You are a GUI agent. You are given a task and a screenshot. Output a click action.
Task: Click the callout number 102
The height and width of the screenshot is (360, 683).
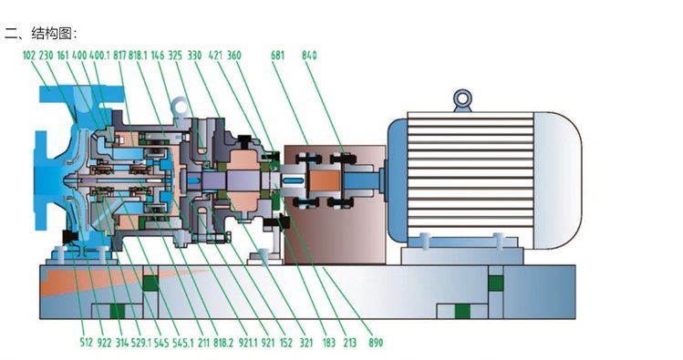(29, 56)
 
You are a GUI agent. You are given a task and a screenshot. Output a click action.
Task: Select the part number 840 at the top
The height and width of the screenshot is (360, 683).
(309, 56)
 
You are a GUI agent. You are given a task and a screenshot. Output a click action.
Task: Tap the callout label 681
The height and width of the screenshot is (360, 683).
(277, 56)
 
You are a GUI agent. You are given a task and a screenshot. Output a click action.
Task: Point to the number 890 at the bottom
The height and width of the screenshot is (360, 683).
(376, 343)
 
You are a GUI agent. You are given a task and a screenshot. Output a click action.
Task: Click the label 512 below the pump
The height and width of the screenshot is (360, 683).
(87, 343)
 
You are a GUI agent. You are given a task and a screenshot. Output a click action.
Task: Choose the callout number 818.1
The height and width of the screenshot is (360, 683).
(138, 56)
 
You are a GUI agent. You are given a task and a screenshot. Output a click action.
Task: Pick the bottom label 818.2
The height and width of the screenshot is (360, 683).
(223, 343)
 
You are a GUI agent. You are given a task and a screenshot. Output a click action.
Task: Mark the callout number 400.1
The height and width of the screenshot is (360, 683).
(99, 56)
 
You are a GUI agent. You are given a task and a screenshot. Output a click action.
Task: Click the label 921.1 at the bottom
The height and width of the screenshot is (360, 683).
(248, 343)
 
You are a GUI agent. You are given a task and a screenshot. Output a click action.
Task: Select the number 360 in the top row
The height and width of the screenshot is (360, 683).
(234, 56)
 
